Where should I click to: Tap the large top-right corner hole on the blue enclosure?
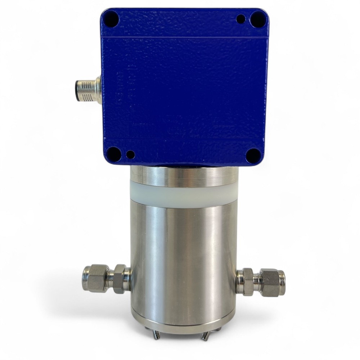coord(257,19)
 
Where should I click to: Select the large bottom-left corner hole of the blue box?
coord(114,154)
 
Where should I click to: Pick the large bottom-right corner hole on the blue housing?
coord(253,156)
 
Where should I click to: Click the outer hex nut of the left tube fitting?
coord(96,279)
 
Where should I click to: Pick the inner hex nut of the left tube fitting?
coord(121,279)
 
